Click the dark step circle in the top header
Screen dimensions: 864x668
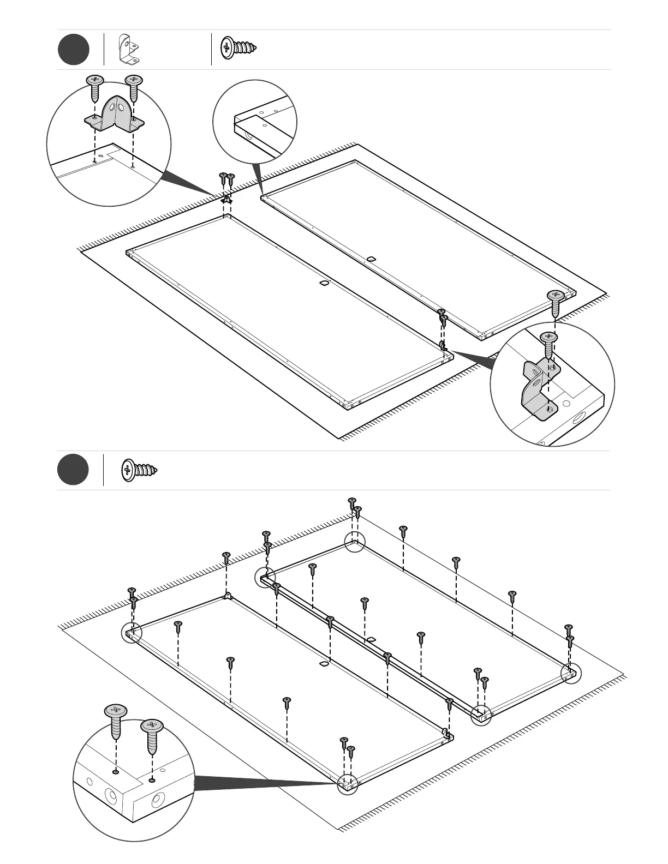[74, 49]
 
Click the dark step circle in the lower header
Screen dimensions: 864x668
[73, 469]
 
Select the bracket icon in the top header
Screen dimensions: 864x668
[129, 49]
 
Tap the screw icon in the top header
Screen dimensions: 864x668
[238, 49]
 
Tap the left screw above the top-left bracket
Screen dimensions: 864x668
[95, 86]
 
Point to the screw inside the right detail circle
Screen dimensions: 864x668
[548, 343]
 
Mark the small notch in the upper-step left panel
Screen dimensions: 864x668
[323, 284]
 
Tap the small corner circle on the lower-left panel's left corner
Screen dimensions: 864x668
[131, 633]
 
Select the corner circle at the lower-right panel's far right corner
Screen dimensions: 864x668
[572, 674]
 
